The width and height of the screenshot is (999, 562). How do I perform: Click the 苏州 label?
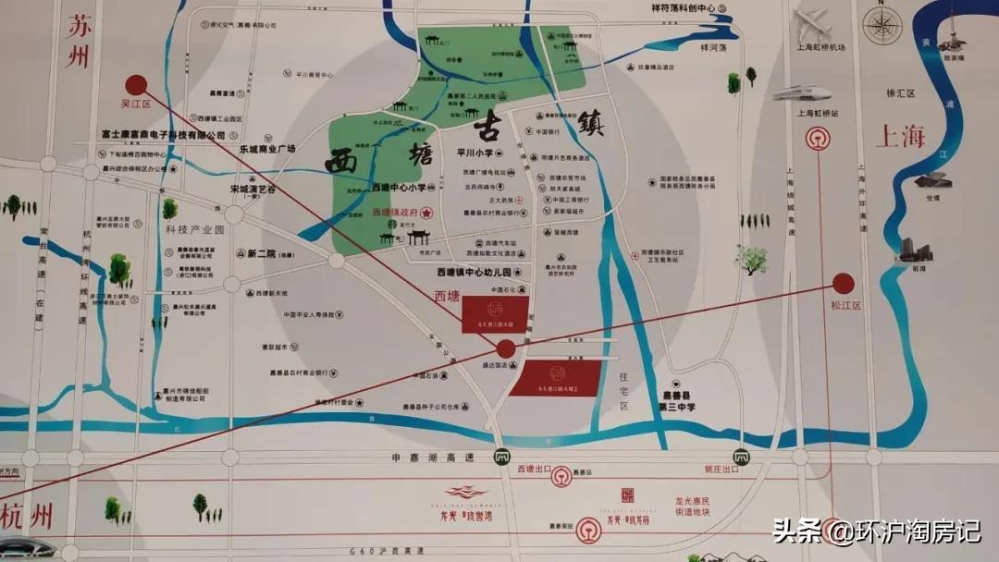click(x=76, y=43)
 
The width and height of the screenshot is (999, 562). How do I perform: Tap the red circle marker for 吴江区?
click(x=136, y=84)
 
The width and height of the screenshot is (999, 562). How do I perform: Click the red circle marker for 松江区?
click(x=842, y=283)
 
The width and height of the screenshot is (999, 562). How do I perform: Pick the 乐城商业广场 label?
click(x=266, y=148)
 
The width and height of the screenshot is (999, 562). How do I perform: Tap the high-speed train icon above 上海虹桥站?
click(x=801, y=92)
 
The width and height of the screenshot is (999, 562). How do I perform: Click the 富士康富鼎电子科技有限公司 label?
click(x=163, y=134)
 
